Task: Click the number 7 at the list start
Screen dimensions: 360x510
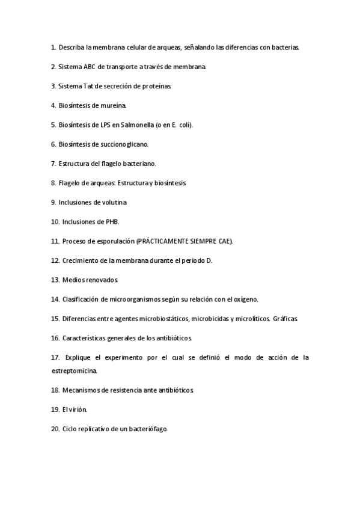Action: tap(53, 164)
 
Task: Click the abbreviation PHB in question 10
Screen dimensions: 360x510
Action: tap(112, 222)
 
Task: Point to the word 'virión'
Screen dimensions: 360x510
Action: tap(77, 410)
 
